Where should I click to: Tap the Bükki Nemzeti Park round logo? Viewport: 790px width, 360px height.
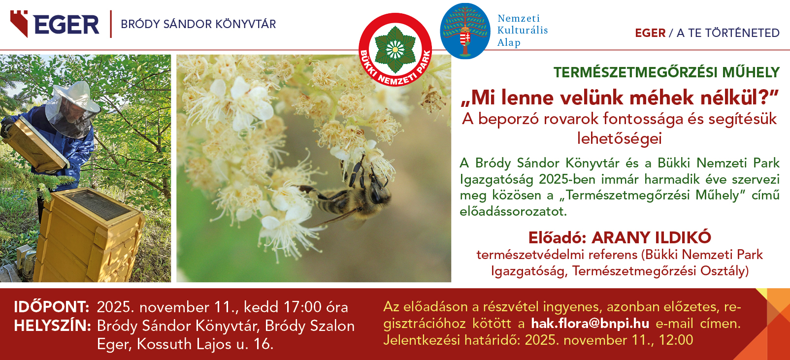point(395,49)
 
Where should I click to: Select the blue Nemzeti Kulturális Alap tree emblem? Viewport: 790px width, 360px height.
point(465,31)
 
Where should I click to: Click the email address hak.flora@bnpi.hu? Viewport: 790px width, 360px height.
point(590,324)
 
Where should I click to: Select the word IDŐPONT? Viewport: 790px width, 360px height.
point(52,307)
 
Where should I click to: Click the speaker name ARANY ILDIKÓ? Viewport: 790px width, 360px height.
point(651,238)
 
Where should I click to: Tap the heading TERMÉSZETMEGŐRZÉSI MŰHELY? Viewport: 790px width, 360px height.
point(666,72)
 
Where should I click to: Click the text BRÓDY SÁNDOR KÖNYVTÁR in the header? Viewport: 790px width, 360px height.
point(198,24)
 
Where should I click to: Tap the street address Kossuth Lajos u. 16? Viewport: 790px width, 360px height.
point(205,344)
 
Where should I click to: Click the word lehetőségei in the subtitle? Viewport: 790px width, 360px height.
point(619,138)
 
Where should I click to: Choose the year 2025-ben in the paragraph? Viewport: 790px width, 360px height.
point(566,179)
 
